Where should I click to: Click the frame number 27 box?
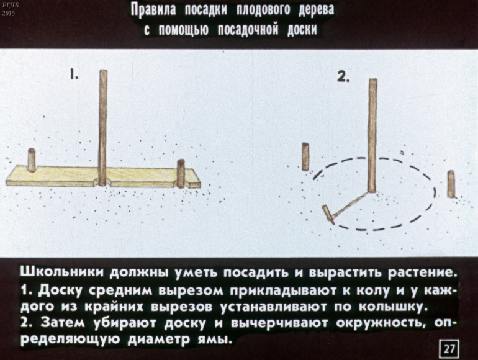(x=449, y=349)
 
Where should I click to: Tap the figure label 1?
(x=74, y=74)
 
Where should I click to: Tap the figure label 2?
(x=343, y=77)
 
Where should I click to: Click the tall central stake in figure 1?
(x=103, y=127)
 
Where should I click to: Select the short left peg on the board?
(x=32, y=160)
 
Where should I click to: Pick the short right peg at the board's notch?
(x=181, y=173)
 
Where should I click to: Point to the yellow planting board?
(x=103, y=176)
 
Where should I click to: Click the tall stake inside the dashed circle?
(x=372, y=136)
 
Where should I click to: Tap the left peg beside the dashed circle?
(x=305, y=156)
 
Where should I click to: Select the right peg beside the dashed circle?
(x=451, y=184)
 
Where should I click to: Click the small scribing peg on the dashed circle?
(x=328, y=215)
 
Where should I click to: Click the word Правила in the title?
(x=153, y=11)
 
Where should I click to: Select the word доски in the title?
(x=302, y=30)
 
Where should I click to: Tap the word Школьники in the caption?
(x=62, y=273)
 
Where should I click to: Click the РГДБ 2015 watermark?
(x=8, y=9)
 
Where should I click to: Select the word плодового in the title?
(x=259, y=11)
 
